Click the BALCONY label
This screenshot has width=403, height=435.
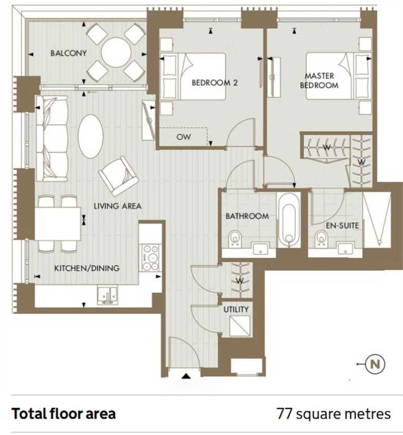tap(68, 53)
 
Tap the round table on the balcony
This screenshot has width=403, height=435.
tap(116, 52)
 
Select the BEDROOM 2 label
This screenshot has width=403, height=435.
tap(214, 83)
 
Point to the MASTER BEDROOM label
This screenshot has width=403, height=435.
tap(319, 81)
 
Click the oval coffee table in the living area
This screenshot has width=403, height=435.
tap(91, 137)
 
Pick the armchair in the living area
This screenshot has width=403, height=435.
tap(118, 176)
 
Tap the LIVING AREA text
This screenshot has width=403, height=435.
tap(117, 206)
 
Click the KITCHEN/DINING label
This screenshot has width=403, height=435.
tap(87, 268)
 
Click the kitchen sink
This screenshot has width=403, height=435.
tap(108, 296)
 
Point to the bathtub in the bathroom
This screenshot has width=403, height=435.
tap(289, 220)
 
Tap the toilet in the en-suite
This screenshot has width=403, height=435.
tap(321, 239)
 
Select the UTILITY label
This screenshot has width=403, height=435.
tap(236, 309)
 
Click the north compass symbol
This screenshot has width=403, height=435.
tap(375, 364)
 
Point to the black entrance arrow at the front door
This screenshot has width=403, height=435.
tap(186, 376)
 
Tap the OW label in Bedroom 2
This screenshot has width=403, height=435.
tap(183, 137)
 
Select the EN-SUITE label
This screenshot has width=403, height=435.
tap(342, 226)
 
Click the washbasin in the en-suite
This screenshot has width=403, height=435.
tap(345, 247)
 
